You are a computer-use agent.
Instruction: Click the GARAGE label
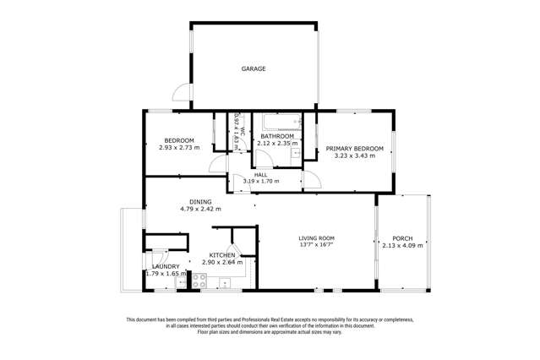(254, 69)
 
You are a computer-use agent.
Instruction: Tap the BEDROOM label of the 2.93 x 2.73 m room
(179, 140)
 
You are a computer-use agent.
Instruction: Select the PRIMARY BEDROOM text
(355, 149)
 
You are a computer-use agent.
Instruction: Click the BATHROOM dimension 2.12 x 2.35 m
(277, 144)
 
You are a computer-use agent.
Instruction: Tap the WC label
(241, 133)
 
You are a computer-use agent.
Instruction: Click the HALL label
(261, 175)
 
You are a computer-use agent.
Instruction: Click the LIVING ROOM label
(316, 238)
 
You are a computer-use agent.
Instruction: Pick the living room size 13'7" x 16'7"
(316, 246)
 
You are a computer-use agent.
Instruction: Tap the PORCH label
(402, 238)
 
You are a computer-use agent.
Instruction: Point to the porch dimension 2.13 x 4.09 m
(402, 246)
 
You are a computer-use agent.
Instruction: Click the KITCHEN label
(222, 254)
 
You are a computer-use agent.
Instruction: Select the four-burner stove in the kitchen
(200, 281)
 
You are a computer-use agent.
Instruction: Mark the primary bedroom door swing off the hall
(311, 178)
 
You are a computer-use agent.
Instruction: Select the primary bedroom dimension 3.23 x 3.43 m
(355, 156)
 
